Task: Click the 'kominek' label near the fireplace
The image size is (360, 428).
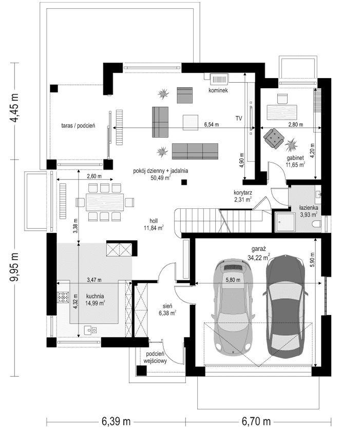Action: (218, 90)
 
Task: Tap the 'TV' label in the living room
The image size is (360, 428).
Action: (239, 119)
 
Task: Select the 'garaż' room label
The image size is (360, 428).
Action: (257, 247)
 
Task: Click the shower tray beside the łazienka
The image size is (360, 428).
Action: (283, 222)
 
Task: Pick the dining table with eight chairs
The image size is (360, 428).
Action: (105, 201)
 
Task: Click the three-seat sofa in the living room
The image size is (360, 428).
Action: (195, 150)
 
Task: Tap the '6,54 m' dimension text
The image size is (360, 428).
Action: (211, 124)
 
